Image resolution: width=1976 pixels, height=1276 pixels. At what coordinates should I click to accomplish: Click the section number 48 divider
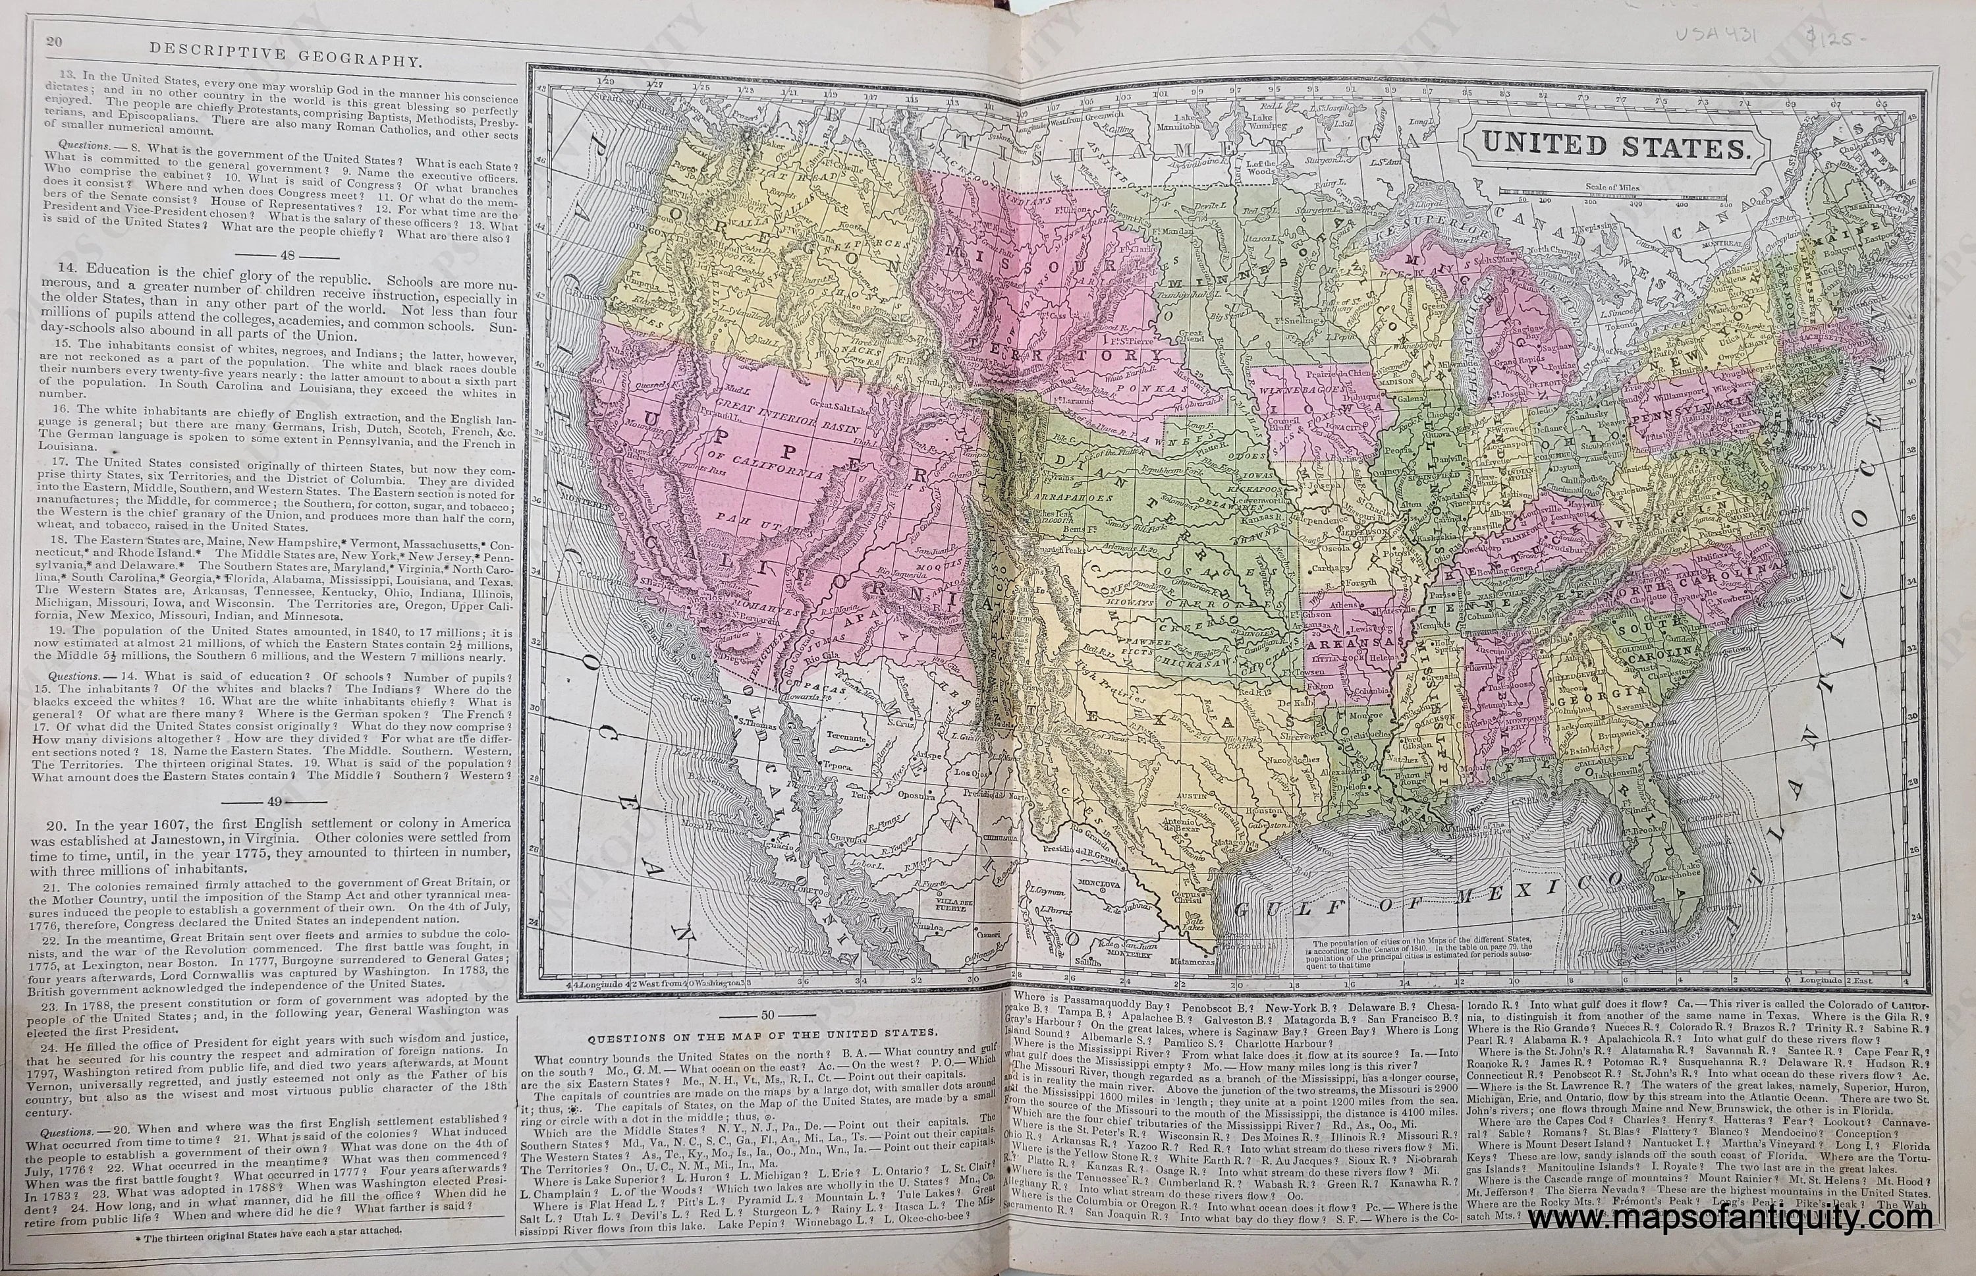(x=271, y=254)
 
